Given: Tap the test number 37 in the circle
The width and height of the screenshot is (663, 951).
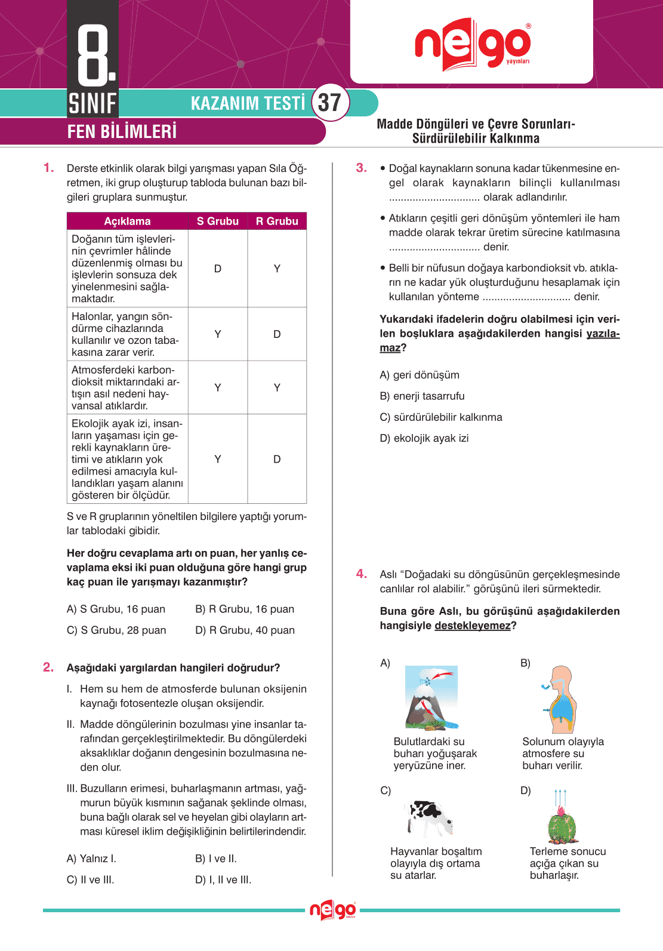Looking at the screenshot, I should coord(329,103).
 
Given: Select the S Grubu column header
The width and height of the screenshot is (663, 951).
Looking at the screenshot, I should coord(218,221).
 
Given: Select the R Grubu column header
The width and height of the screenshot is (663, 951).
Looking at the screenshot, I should coord(277,221).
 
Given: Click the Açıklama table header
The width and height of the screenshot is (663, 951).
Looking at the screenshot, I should coord(127,221).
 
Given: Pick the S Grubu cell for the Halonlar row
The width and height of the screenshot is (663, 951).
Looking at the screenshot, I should coord(218,334).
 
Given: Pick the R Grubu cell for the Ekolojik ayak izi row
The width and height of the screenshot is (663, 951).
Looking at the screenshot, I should coord(277,459).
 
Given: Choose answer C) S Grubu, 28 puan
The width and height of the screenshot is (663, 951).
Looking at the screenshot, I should coord(116,630).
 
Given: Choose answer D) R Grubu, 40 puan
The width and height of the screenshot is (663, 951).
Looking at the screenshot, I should coord(245,630).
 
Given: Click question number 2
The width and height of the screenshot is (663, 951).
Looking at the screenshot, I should coord(48,667).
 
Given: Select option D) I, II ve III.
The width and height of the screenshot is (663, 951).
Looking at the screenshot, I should coord(223,880).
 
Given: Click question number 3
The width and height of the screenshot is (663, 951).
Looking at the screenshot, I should coord(361,168).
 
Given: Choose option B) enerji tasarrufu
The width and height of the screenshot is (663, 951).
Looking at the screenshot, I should coord(422,396).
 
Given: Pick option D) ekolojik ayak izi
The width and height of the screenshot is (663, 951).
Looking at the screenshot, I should coord(424,438).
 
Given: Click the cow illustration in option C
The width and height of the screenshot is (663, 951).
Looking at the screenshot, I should coord(428,817).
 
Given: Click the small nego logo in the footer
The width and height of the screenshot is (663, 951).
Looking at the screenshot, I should coord(332,910).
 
